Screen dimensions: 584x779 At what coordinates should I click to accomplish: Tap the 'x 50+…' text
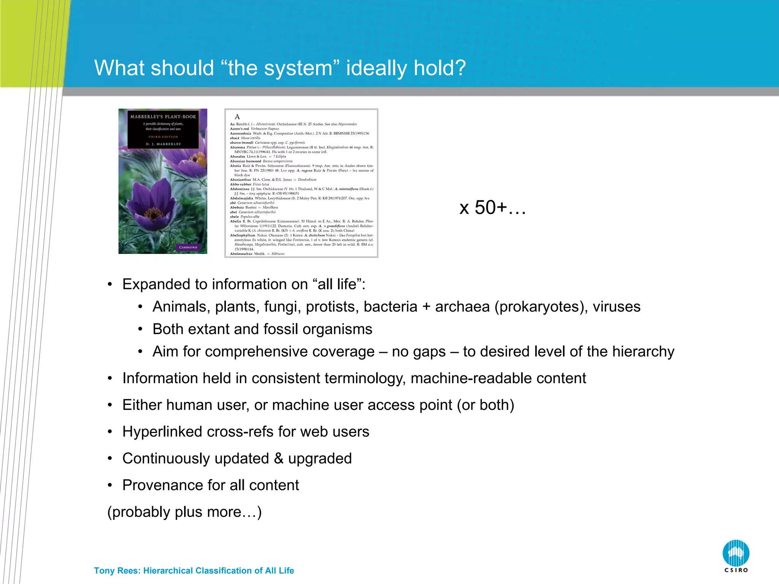pyautogui.click(x=493, y=208)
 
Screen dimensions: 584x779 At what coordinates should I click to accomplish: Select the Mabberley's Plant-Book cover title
pyautogui.click(x=163, y=117)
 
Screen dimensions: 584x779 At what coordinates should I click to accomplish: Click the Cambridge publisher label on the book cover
pyautogui.click(x=188, y=247)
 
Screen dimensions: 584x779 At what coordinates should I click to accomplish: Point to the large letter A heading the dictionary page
pyautogui.click(x=237, y=117)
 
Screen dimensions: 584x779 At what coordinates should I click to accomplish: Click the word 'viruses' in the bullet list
pyautogui.click(x=617, y=307)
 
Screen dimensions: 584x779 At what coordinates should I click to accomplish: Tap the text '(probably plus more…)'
pyautogui.click(x=184, y=512)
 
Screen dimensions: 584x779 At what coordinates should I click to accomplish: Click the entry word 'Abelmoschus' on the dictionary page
pyautogui.click(x=241, y=254)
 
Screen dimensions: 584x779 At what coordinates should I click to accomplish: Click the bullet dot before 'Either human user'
pyautogui.click(x=110, y=405)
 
